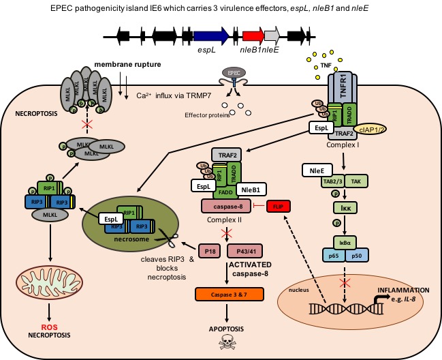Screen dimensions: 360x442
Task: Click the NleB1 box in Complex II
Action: (253, 189)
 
